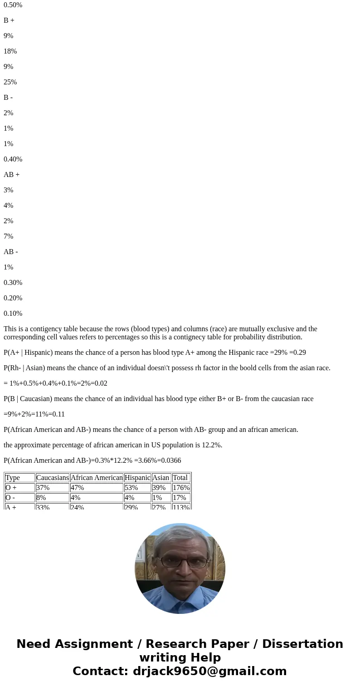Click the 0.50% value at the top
[13, 5]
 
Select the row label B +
[9, 20]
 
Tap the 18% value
[10, 51]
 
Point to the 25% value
[10, 82]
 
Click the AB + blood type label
[11, 175]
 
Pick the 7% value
[8, 236]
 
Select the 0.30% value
[13, 283]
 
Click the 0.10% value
[13, 314]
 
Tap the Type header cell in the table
[13, 478]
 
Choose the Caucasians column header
[52, 478]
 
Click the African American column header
[97, 478]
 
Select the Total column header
[180, 478]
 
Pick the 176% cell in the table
[181, 488]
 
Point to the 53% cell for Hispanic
[131, 488]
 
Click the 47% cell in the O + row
[77, 488]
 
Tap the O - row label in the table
[11, 498]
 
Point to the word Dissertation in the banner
[302, 644]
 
